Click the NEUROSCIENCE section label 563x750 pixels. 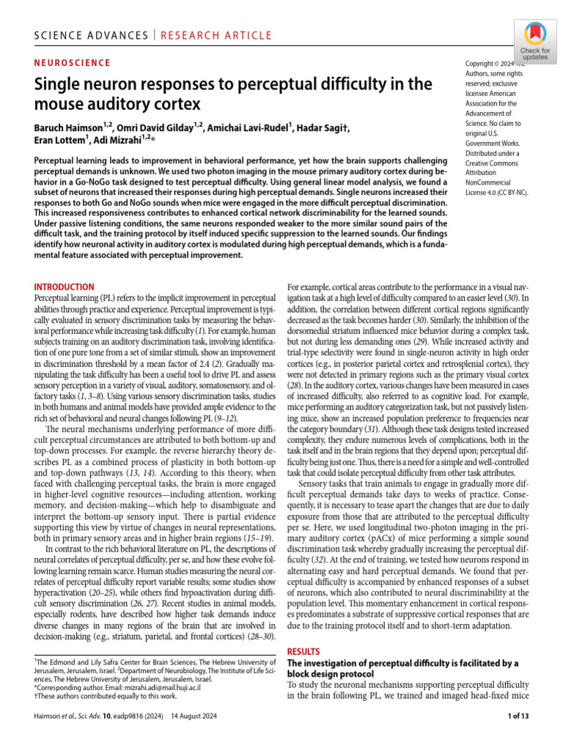click(73, 63)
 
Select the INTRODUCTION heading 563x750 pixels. click(65, 287)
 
